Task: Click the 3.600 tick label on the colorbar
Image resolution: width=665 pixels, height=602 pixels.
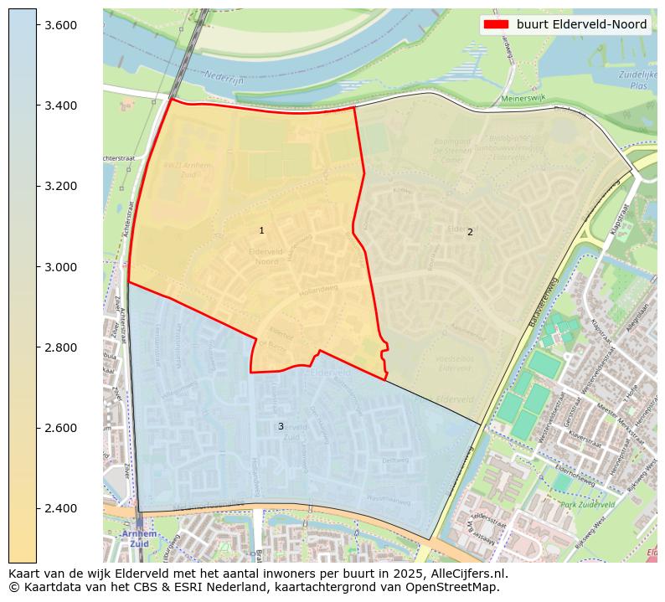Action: tap(60, 25)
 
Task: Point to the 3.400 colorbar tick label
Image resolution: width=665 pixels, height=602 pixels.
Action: tap(60, 105)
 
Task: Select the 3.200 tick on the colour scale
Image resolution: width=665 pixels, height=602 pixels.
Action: tap(60, 186)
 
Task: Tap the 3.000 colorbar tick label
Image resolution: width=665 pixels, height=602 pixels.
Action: tap(60, 267)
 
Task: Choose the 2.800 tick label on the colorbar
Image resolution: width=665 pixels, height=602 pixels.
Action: tap(60, 347)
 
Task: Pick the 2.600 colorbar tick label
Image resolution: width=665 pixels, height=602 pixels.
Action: tap(60, 428)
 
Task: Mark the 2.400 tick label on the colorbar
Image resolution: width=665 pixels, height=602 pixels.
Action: tap(60, 508)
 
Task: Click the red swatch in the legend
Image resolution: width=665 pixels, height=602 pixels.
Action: tap(497, 25)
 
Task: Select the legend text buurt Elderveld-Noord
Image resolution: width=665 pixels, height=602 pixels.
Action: tap(581, 25)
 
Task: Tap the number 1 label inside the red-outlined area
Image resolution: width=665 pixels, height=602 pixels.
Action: tap(261, 230)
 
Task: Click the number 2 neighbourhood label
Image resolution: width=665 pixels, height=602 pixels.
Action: tap(470, 232)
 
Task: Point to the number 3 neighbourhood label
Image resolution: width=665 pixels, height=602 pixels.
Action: tap(281, 426)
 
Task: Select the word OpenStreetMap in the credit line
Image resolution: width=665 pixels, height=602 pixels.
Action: tap(451, 587)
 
